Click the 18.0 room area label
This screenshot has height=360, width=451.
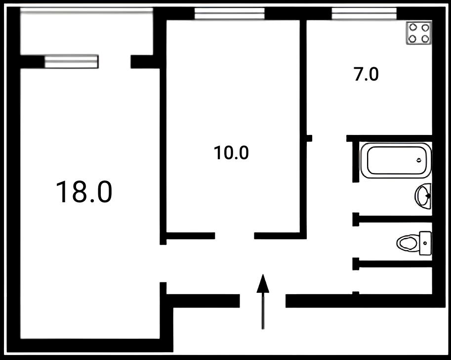coord(83,192)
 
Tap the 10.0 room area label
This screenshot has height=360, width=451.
coord(231,153)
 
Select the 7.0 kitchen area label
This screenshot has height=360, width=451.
coord(366,74)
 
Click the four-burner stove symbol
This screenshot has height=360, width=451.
coord(419,33)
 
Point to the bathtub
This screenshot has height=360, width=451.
coord(396,160)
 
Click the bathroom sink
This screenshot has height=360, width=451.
coord(423,196)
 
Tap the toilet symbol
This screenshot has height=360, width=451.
coord(414,243)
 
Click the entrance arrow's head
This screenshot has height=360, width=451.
coord(263,283)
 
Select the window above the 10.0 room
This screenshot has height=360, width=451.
coord(229,13)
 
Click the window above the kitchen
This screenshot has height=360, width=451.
coord(364,13)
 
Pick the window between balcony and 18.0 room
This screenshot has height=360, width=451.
coord(72,62)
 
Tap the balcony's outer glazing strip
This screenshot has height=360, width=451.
coord(86,10)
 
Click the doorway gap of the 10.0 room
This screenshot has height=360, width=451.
coord(235,236)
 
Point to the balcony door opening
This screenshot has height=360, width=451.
coord(115,62)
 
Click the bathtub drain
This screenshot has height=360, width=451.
coord(419,160)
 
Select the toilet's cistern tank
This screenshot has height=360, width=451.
coord(425,243)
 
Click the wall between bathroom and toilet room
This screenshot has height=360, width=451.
coord(392,219)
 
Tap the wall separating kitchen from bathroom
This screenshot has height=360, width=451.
coord(389,138)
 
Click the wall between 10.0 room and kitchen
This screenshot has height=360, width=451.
coord(303,127)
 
